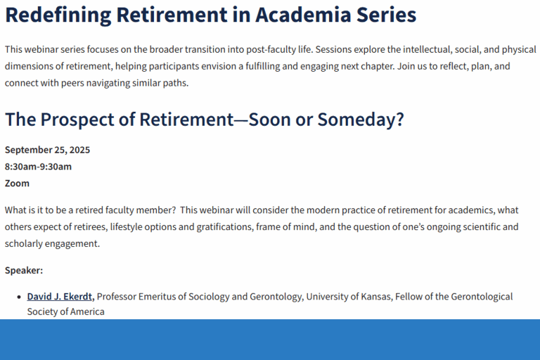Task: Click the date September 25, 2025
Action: coord(47,150)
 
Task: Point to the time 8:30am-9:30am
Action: coord(38,167)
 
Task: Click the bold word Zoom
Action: coord(17,184)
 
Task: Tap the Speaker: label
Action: coord(24,270)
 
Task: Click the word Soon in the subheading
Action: coord(265,120)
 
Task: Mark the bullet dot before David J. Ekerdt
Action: coord(18,297)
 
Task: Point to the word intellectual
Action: coord(413,50)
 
